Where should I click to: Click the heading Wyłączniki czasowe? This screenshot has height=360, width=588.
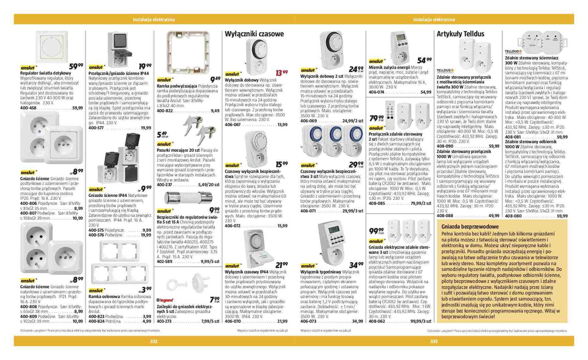(x=254, y=34)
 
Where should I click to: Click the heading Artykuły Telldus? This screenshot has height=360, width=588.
(x=460, y=34)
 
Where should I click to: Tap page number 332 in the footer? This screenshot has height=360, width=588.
(x=154, y=341)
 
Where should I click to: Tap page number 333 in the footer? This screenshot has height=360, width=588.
(x=434, y=341)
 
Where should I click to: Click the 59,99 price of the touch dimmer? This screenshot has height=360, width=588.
(x=76, y=66)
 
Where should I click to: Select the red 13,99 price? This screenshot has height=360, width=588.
(x=282, y=73)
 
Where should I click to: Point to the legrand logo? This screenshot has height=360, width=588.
(x=165, y=300)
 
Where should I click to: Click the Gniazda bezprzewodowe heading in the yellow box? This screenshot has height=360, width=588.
(x=470, y=226)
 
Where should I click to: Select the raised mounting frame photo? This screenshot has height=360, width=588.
(x=188, y=51)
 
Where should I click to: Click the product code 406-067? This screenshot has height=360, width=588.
(x=233, y=125)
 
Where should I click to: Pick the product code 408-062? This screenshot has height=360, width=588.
(x=377, y=321)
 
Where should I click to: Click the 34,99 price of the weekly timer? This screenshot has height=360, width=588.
(x=356, y=265)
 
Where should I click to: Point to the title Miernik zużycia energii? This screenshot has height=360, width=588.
(x=390, y=68)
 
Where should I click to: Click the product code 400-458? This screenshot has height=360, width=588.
(x=28, y=108)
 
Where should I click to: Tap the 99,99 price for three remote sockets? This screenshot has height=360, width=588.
(x=377, y=231)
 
